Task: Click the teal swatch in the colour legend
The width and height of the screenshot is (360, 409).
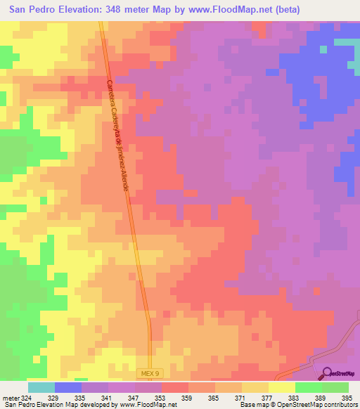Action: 41,387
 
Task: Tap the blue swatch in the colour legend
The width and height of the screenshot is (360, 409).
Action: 68,387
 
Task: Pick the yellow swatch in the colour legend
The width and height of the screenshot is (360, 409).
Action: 282,387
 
